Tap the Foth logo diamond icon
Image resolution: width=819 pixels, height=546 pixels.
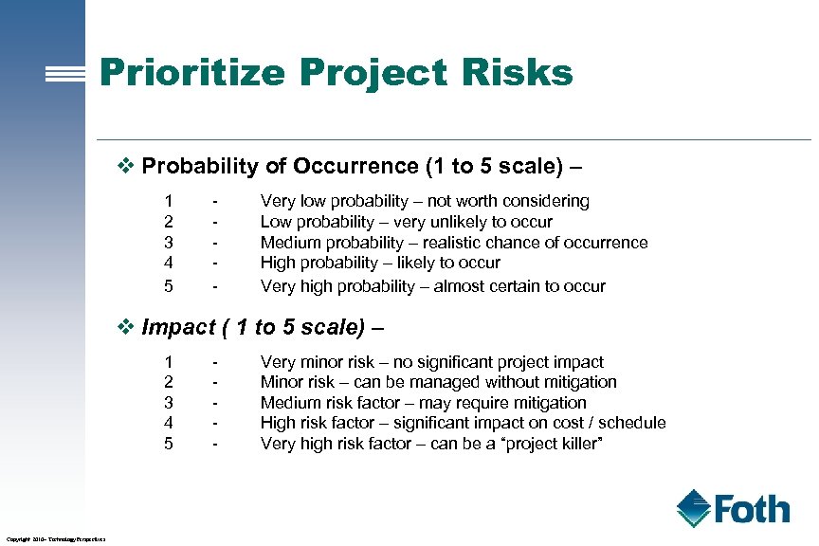pos(694,508)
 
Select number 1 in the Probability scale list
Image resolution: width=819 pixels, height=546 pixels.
pos(169,201)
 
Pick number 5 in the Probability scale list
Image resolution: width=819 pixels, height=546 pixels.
pos(169,285)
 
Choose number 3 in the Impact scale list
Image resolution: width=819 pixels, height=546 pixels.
pos(169,403)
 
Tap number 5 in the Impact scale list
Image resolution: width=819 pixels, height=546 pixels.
pos(169,444)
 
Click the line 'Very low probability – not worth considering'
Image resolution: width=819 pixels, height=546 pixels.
pos(425,201)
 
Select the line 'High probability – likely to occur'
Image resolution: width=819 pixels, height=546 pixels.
pos(380,263)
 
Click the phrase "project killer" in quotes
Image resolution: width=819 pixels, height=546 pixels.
pos(551,444)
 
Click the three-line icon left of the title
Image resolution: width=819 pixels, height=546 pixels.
pos(72,76)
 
